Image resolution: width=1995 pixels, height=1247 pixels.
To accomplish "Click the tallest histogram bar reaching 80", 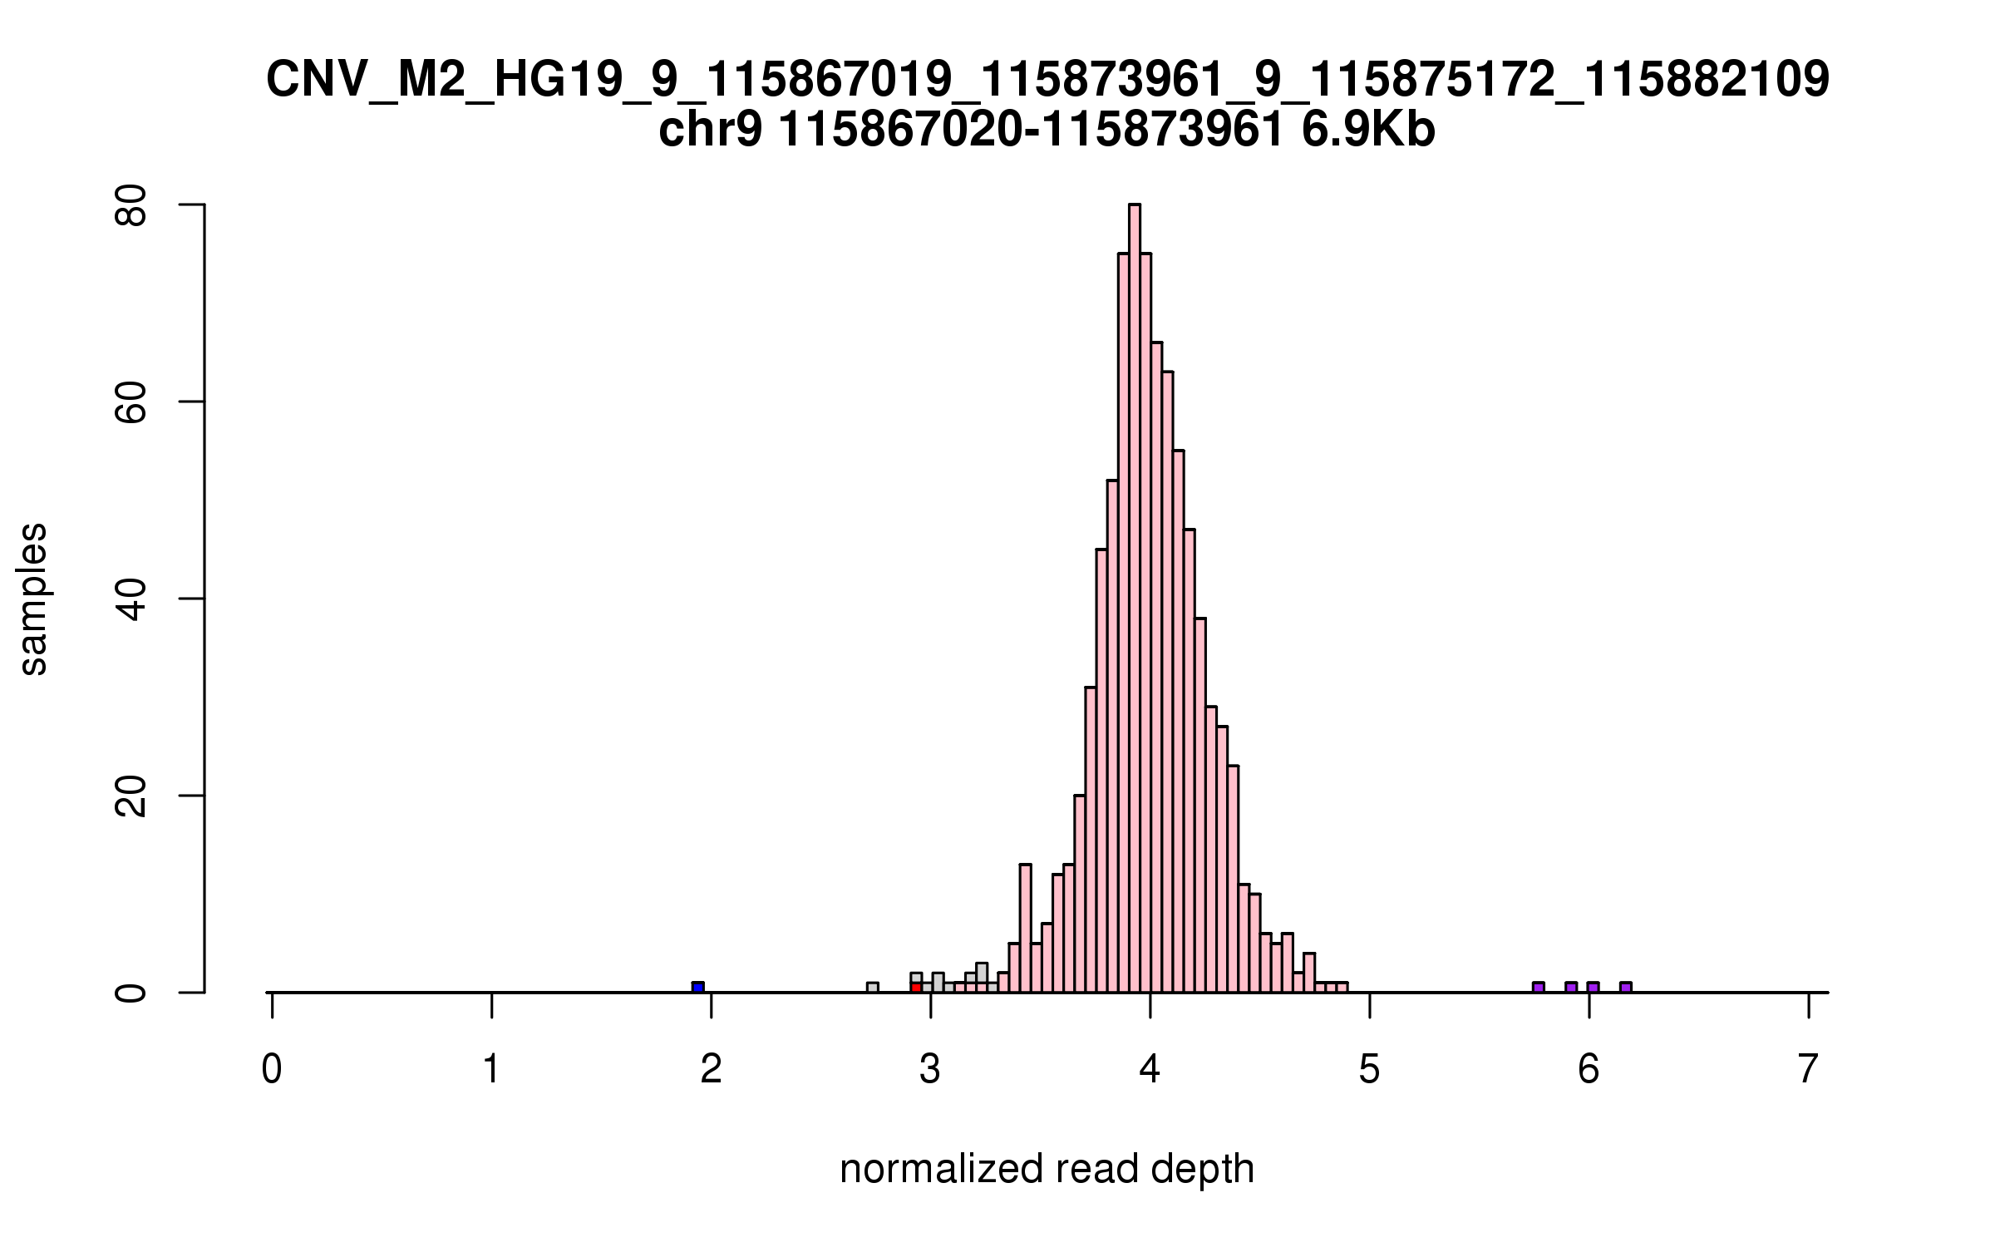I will coord(1134,599).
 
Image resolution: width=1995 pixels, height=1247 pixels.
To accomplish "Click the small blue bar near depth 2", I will coord(698,987).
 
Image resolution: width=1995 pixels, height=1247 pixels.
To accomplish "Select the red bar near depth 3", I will coord(916,987).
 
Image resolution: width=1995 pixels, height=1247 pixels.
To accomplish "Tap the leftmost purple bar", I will coord(1539,987).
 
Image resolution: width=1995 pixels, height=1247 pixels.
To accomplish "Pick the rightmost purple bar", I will coord(1626,987).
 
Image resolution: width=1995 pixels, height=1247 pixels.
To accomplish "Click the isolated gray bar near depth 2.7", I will coord(872,987).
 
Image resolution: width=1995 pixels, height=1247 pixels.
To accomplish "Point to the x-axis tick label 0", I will coord(272,1070).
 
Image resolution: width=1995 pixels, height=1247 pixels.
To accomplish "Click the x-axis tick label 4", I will coord(1150,1070).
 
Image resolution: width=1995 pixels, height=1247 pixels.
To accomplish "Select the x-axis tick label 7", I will coord(1808,1070).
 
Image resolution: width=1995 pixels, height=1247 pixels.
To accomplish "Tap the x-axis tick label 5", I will coord(1369,1070).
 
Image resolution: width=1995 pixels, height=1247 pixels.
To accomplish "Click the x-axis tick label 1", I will coord(491,1070).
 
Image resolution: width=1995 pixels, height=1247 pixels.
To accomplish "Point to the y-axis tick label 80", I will coord(131,205).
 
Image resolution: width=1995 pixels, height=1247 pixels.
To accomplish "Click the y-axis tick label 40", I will coord(131,599).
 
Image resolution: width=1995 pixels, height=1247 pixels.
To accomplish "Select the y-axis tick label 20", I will coord(131,796).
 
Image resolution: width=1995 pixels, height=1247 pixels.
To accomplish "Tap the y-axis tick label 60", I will coord(131,402).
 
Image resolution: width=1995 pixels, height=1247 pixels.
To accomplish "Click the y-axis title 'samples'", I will coord(33,599).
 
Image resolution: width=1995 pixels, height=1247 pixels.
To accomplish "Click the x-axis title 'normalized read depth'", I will coord(1047,1169).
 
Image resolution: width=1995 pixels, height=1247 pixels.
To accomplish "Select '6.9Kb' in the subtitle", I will coord(1368,131).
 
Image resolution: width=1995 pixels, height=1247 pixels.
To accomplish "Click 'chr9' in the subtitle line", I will coord(709,131).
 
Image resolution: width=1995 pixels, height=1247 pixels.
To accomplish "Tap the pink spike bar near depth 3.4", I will coord(1025,927).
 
